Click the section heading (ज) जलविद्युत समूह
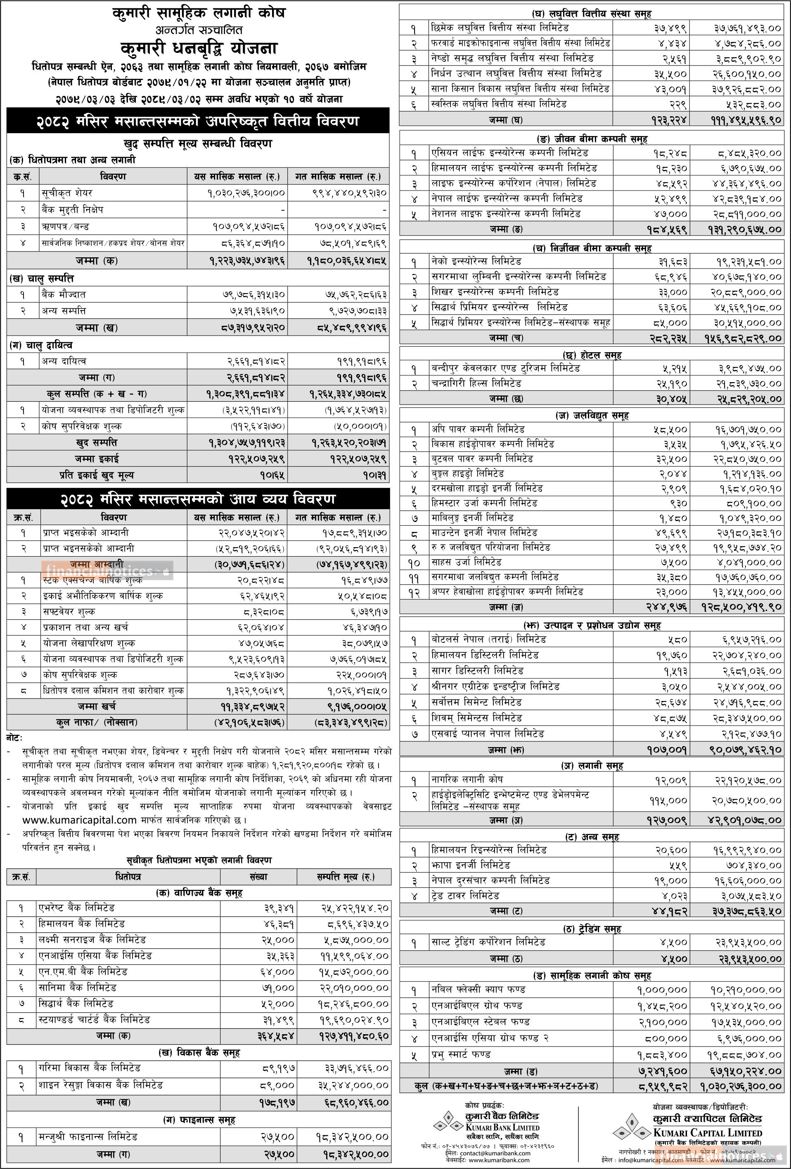(591, 416)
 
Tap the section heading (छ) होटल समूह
(591, 355)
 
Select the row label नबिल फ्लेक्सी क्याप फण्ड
(478, 990)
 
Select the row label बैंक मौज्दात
(64, 294)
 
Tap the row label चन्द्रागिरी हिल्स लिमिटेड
(476, 383)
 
